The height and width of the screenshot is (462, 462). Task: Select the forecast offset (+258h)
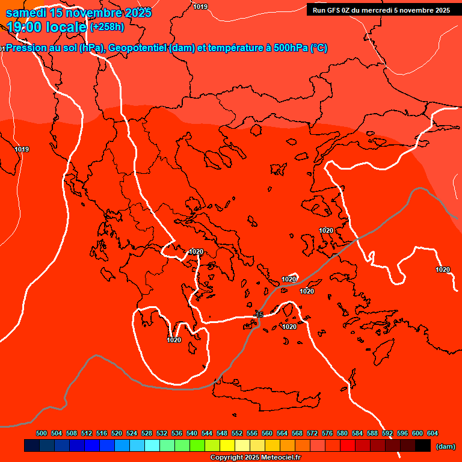click(107, 26)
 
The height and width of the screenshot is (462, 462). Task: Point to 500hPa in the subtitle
click(291, 48)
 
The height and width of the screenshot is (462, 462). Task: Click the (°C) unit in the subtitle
click(318, 48)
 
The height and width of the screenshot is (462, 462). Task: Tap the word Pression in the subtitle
click(28, 48)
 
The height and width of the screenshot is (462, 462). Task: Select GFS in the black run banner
click(333, 10)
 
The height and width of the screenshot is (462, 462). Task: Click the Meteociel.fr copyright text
click(254, 458)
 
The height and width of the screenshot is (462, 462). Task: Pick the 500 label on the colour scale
click(42, 433)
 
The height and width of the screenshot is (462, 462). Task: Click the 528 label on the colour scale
click(147, 433)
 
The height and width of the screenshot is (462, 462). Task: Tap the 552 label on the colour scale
click(237, 433)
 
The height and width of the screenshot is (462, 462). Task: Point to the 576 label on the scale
click(327, 433)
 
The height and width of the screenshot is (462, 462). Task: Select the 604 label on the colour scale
click(432, 433)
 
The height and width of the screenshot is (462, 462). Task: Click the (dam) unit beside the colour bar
click(445, 446)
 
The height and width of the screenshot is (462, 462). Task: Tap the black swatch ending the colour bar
click(423, 445)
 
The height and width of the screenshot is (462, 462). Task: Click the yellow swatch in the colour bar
click(227, 445)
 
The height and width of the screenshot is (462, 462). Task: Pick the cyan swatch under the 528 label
click(152, 445)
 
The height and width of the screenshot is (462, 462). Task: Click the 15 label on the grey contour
click(260, 315)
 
